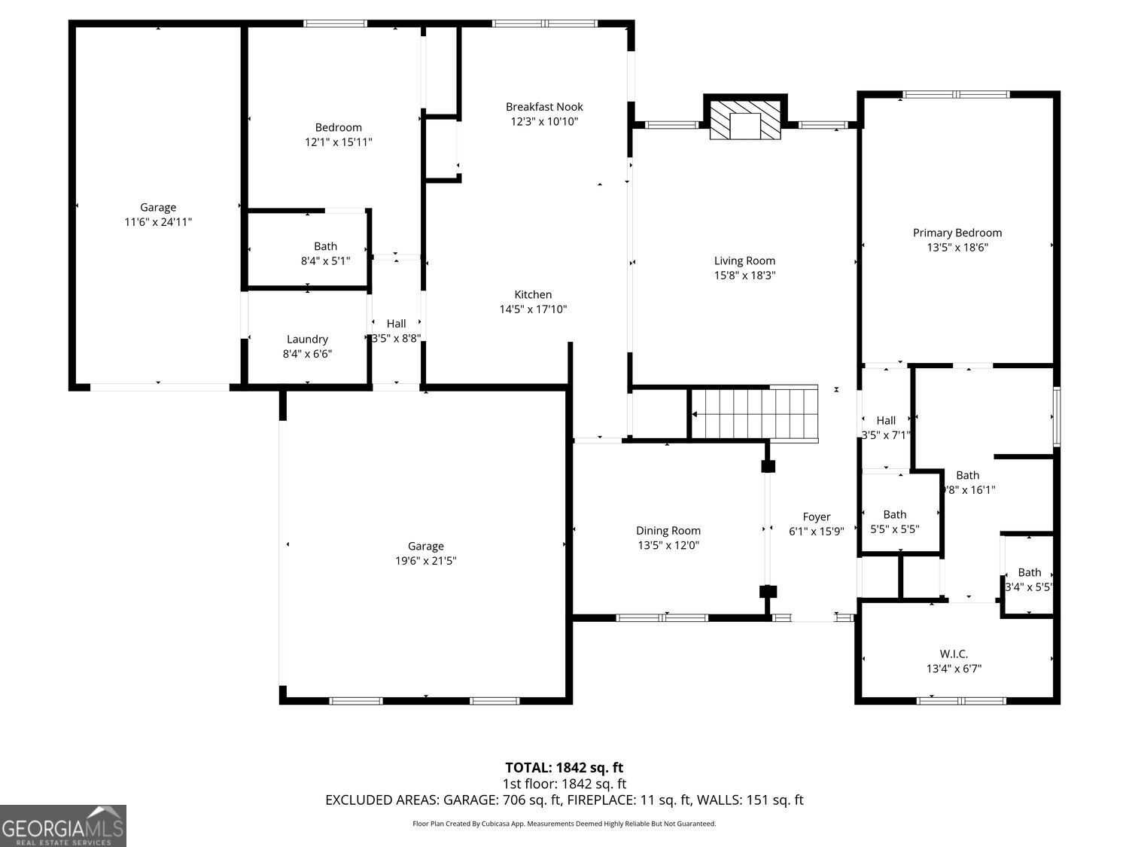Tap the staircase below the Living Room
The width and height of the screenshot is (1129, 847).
point(755,413)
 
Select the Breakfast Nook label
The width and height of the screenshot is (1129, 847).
point(544,107)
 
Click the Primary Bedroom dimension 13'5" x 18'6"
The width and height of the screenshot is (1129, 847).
point(957,247)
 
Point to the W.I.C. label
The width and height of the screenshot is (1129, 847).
point(954,654)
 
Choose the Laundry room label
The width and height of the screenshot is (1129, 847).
point(307,339)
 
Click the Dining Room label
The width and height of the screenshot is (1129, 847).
point(668,531)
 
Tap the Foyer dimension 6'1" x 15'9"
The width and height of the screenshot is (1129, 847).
point(817,531)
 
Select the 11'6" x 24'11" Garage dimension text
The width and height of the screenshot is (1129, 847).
point(158,222)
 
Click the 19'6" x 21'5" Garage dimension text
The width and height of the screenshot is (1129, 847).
point(426,561)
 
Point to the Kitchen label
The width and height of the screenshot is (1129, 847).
point(533,294)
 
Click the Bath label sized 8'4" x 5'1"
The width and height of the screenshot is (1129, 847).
point(325,246)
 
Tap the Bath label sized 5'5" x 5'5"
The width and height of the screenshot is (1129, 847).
point(895,514)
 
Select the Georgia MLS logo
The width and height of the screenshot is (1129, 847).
point(63,826)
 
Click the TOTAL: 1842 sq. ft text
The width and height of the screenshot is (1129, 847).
point(564,768)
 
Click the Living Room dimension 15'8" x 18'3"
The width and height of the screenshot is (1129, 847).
point(744,276)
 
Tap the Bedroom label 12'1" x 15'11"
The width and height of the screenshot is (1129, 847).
point(338,127)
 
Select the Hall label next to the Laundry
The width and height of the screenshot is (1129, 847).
point(396,324)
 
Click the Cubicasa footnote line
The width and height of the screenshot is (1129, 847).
point(564,824)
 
